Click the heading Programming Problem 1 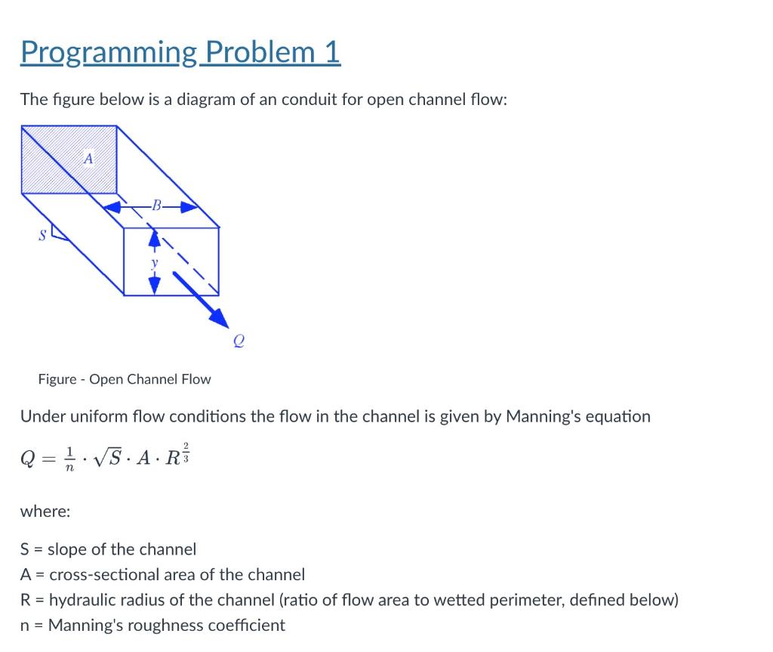point(180,51)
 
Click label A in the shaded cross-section point(88,159)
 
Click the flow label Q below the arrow point(238,341)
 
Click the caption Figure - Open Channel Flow point(125,379)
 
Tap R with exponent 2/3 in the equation point(176,456)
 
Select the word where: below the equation point(45,511)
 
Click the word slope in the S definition point(67,549)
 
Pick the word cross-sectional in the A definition point(100,574)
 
